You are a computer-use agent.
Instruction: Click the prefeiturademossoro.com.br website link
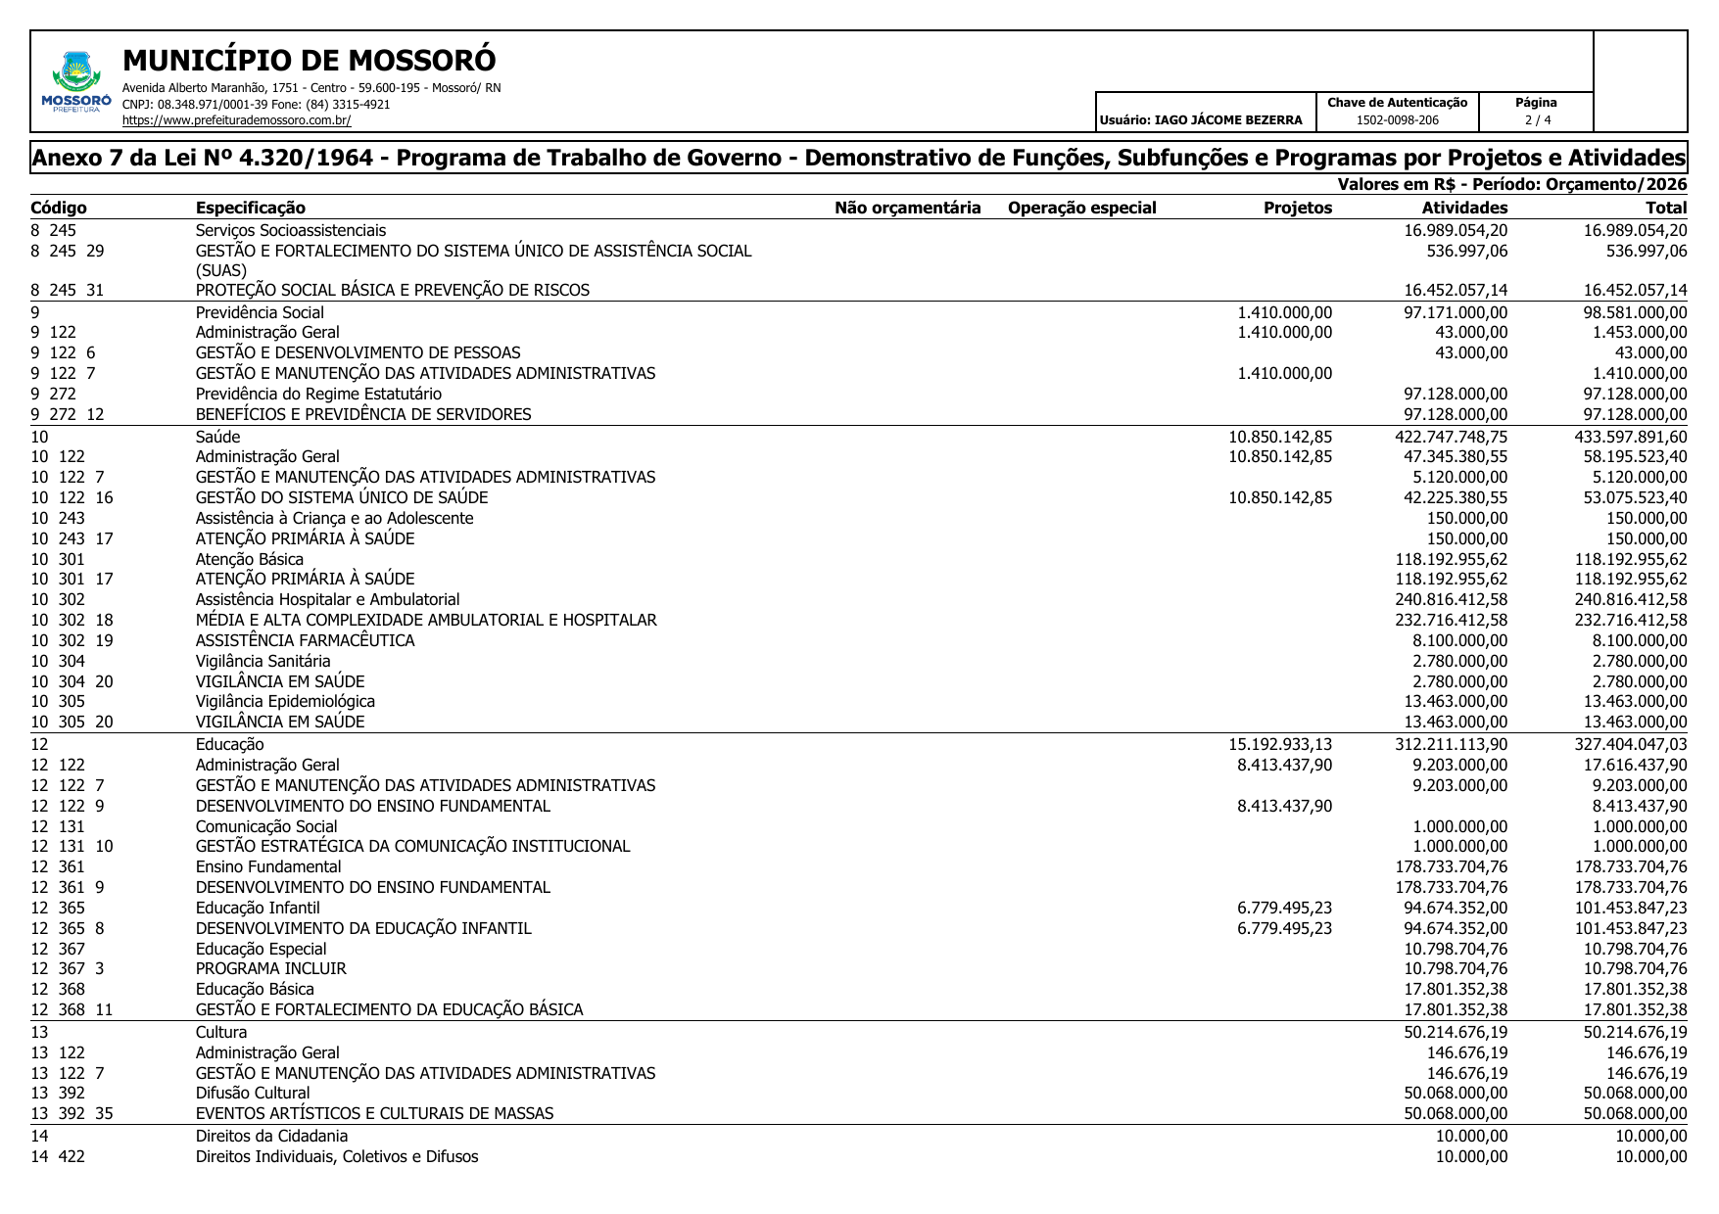[x=236, y=120]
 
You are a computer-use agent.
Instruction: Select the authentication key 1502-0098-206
[x=1397, y=120]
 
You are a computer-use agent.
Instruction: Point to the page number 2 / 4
[x=1537, y=120]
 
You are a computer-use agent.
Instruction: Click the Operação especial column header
[x=1081, y=208]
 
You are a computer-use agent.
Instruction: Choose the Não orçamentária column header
[x=907, y=208]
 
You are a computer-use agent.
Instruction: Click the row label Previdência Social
[x=260, y=312]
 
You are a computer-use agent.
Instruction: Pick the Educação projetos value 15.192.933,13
[x=1280, y=744]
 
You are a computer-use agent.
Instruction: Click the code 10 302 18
[x=72, y=620]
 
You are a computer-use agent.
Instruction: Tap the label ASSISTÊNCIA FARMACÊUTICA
[x=305, y=640]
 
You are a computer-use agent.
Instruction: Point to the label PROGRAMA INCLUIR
[x=270, y=968]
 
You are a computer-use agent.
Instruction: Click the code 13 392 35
[x=72, y=1113]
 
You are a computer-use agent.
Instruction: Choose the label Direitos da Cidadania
[x=271, y=1136]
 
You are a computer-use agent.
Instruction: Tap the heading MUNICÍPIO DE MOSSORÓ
[x=310, y=61]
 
